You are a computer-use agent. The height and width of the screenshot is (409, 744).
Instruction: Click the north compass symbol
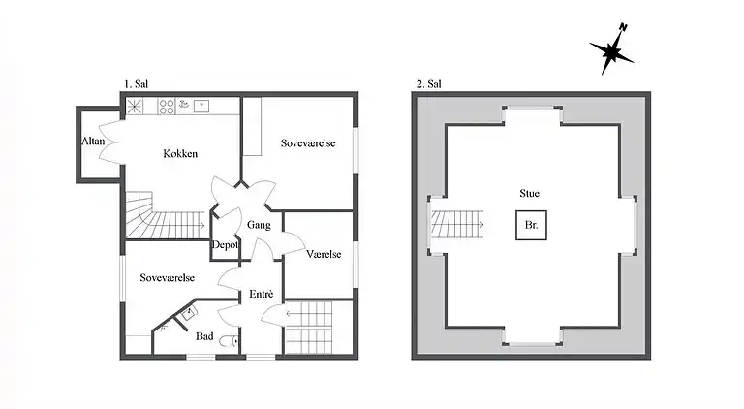[x=611, y=51]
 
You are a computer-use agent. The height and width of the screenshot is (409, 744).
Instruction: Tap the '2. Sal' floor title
[x=427, y=84]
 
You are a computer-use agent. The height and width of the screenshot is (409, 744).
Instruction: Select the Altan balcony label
[x=93, y=142]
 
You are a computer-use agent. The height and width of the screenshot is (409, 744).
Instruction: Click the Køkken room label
[x=180, y=154]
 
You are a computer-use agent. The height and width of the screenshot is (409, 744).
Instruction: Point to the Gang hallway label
[x=259, y=225]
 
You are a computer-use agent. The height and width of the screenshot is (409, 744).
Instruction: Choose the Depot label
[x=226, y=245]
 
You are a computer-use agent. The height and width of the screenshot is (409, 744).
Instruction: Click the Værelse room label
[x=324, y=254]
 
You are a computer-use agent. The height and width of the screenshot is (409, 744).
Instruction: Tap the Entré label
[x=262, y=294]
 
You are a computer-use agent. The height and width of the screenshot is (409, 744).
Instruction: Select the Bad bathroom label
[x=204, y=336]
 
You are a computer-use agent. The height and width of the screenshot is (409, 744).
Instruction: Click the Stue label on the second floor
[x=530, y=194]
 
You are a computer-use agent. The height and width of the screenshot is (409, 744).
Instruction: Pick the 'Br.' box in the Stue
[x=531, y=226]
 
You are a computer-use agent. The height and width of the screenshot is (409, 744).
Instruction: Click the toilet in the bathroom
[x=227, y=342]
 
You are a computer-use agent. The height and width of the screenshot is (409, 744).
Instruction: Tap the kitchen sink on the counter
[x=201, y=104]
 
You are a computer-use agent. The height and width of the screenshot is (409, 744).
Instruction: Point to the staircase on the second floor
[x=456, y=227]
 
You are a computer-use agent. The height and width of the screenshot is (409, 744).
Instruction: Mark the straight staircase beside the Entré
[x=310, y=328]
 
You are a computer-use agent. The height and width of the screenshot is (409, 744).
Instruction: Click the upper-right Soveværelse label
[x=308, y=143]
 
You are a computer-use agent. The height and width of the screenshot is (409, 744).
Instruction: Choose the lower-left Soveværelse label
[x=167, y=277]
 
